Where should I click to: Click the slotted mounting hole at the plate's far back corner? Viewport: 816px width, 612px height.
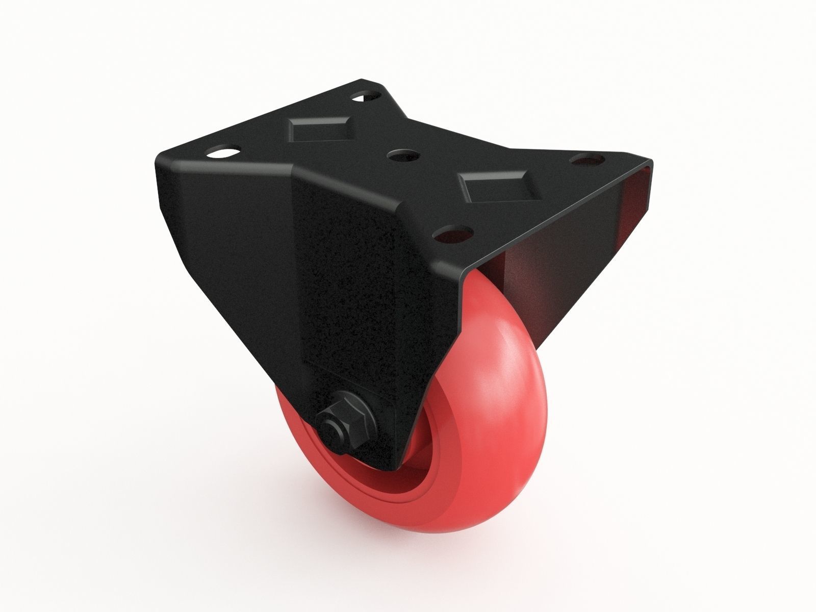(x=366, y=95)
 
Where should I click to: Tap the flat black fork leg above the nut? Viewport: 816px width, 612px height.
(x=352, y=306)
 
